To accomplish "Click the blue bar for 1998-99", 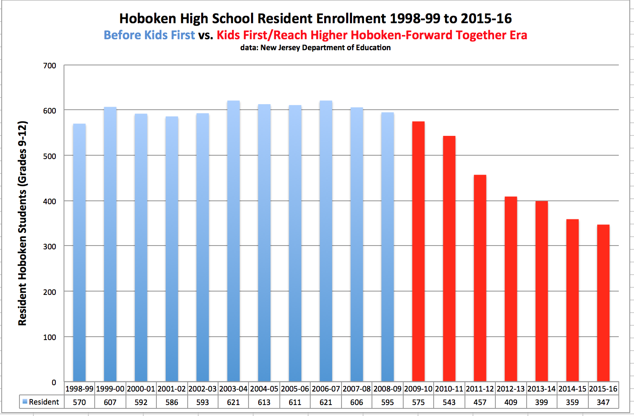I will click(x=79, y=253).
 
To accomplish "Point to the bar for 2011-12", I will click(x=480, y=278).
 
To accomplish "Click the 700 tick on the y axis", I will click(x=49, y=66).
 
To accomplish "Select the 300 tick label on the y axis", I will click(x=49, y=246).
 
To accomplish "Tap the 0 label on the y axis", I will click(x=54, y=382).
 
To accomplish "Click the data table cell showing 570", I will click(x=79, y=402).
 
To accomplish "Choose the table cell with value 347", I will click(x=603, y=402).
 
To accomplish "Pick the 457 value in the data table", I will click(x=480, y=402).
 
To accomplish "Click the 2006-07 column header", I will click(x=326, y=389).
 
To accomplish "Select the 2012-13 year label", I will click(x=511, y=389).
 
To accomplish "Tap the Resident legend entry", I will click(x=41, y=402).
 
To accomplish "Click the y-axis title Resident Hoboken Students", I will click(x=23, y=224).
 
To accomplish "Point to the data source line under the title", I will click(x=315, y=48).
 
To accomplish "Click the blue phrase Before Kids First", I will click(x=149, y=35).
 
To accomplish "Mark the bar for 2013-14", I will click(x=541, y=291).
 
